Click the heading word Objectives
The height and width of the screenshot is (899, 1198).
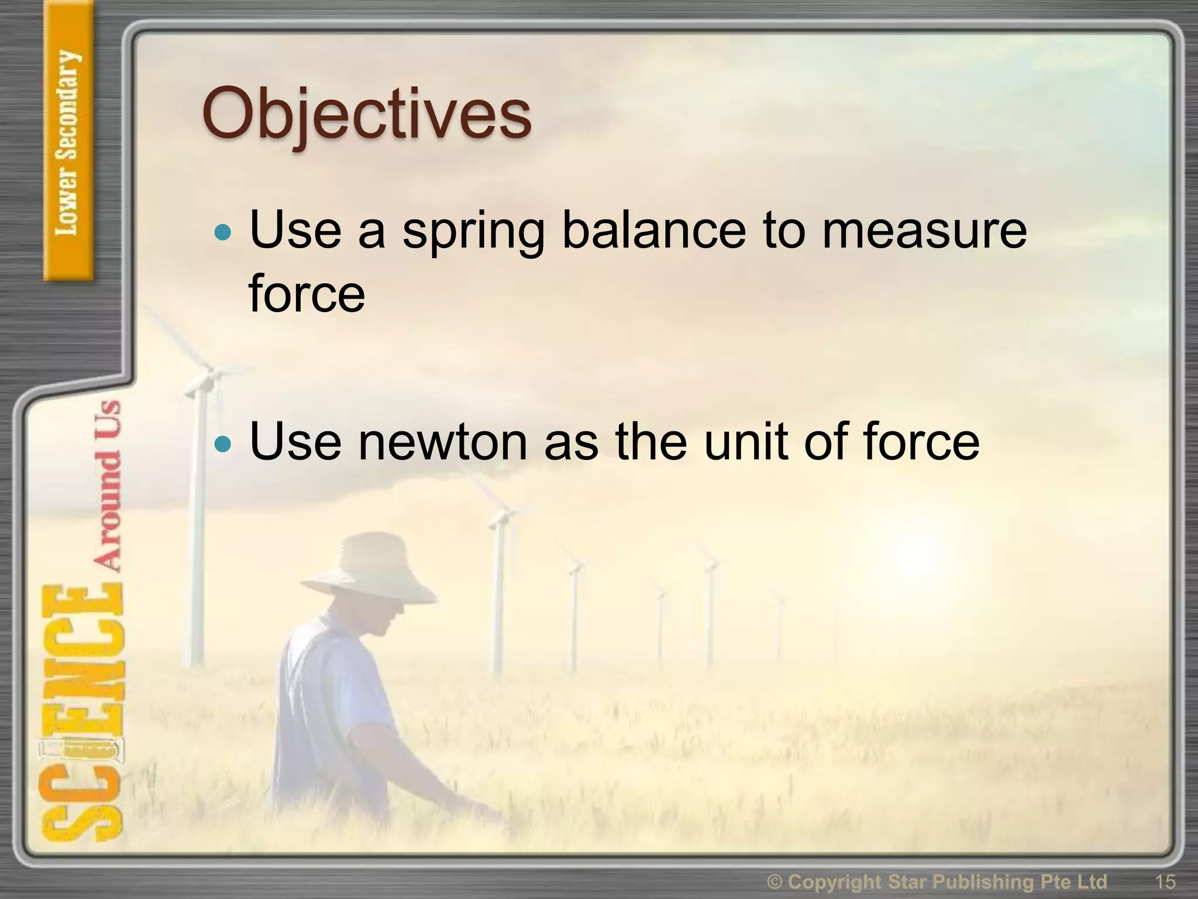(x=367, y=114)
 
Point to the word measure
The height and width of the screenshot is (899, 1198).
(x=924, y=231)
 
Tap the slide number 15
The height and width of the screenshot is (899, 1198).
(x=1165, y=881)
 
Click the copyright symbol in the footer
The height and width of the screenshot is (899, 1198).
(x=774, y=881)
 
